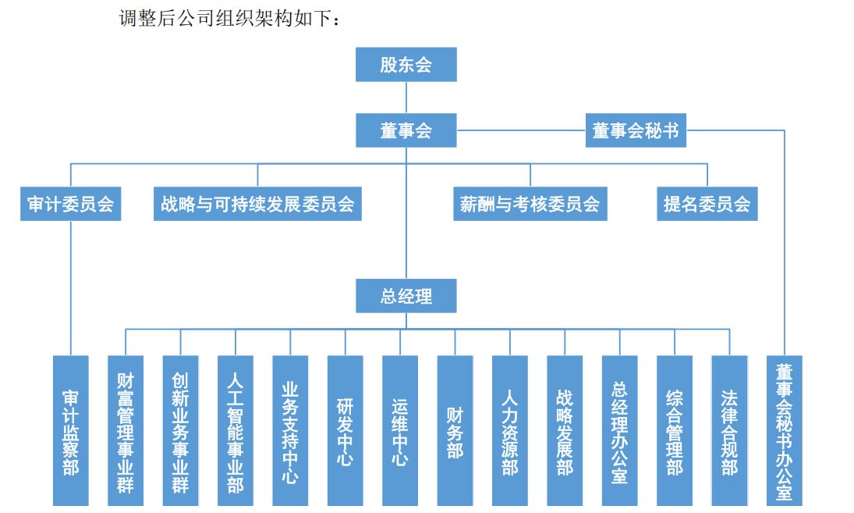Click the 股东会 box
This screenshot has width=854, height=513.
point(406,65)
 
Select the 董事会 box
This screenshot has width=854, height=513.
point(406,130)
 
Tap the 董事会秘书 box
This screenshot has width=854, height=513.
point(636,130)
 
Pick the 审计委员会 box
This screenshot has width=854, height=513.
point(71,205)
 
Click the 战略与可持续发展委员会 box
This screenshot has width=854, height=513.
point(257,205)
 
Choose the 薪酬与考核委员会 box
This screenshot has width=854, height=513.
point(530,205)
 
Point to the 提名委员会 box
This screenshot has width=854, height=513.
point(707,205)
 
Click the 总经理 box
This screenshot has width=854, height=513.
point(406,297)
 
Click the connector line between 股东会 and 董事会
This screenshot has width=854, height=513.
point(406,98)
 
